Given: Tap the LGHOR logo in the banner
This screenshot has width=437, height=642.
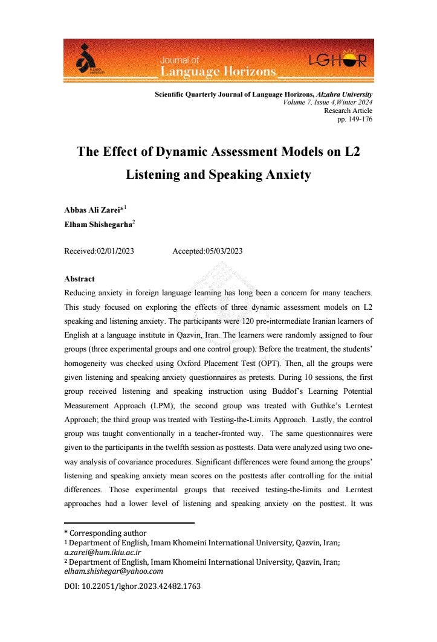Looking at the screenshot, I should (x=338, y=60).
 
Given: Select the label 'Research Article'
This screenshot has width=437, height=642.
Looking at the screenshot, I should (x=348, y=111).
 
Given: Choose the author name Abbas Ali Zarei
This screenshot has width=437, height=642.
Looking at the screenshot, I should (x=92, y=210).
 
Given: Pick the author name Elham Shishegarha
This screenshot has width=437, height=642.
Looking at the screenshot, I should (x=97, y=223).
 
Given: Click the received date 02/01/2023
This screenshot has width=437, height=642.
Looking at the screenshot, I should (x=115, y=251).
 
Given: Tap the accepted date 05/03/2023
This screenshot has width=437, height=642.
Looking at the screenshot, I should (x=224, y=251).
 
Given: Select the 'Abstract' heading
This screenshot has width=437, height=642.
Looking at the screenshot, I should (x=79, y=279).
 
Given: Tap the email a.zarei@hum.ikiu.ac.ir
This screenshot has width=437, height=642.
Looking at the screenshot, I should (x=103, y=552).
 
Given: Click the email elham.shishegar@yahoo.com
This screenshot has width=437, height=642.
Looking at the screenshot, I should (x=114, y=571).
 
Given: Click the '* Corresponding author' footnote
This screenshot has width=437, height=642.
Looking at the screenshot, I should (x=106, y=533).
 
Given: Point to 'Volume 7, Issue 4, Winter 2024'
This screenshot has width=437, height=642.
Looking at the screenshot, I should (x=328, y=103).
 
